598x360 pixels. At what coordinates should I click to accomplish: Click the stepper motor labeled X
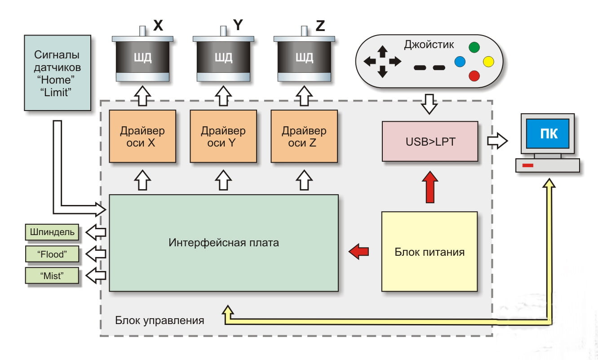143,58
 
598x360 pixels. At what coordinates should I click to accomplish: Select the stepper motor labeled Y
224,58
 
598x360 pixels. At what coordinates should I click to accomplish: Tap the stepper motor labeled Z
305,58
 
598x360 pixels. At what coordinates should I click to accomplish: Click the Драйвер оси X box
142,136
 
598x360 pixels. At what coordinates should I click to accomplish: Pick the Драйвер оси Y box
223,136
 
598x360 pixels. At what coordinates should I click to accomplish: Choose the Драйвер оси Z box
304,136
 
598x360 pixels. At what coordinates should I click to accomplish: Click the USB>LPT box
430,141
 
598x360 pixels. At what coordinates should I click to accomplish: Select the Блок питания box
430,252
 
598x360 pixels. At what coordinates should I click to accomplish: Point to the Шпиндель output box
52,232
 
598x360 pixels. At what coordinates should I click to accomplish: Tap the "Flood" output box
52,254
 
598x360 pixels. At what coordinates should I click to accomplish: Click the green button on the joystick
474,46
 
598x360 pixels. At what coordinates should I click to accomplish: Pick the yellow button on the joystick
488,61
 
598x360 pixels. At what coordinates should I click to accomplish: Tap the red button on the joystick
474,76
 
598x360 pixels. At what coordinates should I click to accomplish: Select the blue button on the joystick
460,61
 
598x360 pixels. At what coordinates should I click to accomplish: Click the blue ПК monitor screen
547,133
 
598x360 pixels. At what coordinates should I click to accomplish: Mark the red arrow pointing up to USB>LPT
430,186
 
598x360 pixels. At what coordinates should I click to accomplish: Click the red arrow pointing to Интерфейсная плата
359,251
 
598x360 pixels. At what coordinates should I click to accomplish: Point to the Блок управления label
159,321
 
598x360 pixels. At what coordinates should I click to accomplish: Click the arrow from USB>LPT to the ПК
497,141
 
